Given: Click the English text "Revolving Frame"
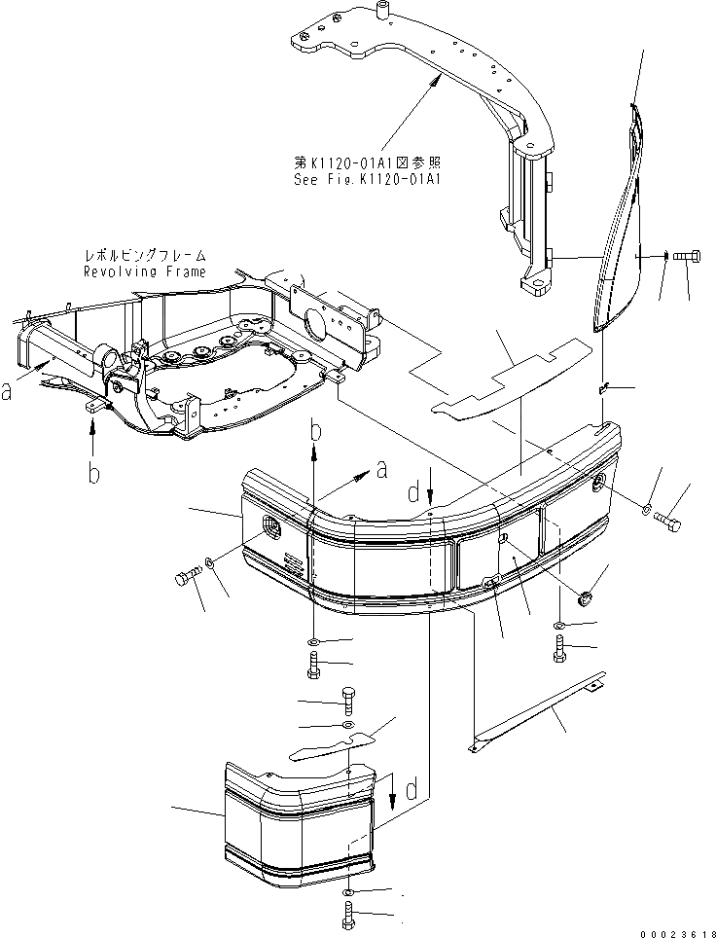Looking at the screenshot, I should tap(143, 272).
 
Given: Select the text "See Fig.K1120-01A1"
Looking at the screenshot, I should tap(367, 179).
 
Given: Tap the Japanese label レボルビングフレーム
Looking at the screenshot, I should tap(144, 257).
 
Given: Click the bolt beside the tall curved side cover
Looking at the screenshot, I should tap(685, 256).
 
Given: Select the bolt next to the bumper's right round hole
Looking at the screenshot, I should tap(669, 523).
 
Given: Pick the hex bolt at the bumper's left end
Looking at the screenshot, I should tap(185, 580).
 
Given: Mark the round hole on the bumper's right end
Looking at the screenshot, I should tap(596, 481).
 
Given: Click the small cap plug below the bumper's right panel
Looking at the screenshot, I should tap(585, 596).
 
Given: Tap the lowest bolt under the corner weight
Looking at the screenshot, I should tap(349, 914).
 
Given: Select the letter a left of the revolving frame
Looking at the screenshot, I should tap(8, 392).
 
